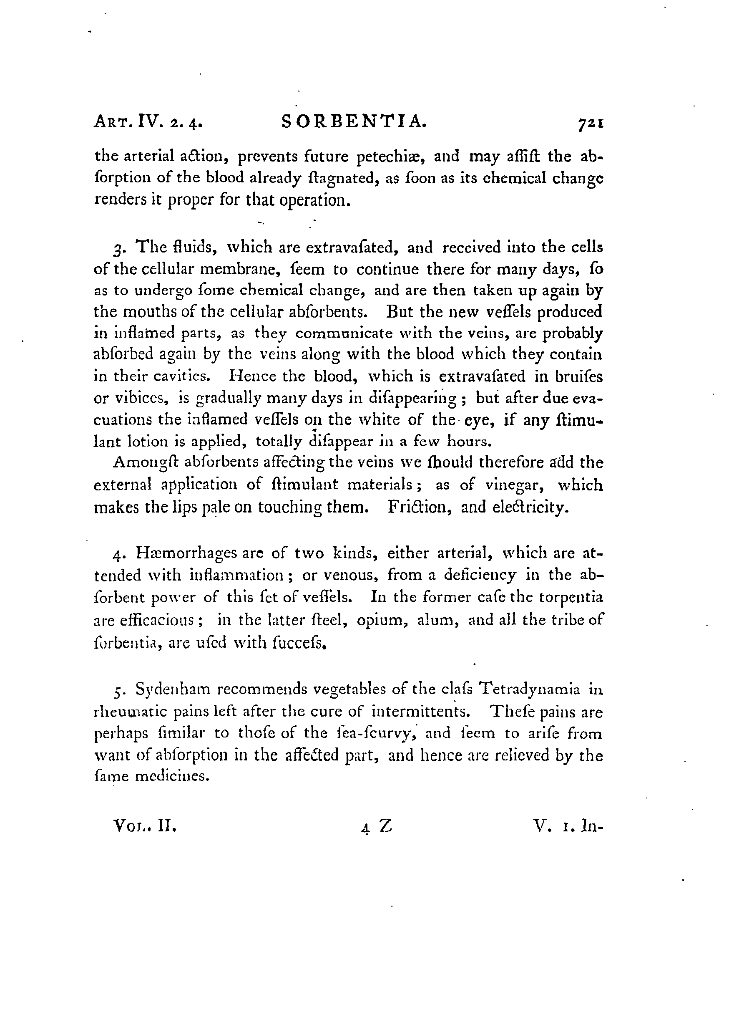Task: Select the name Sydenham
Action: tap(172, 689)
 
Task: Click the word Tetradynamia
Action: tap(529, 689)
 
